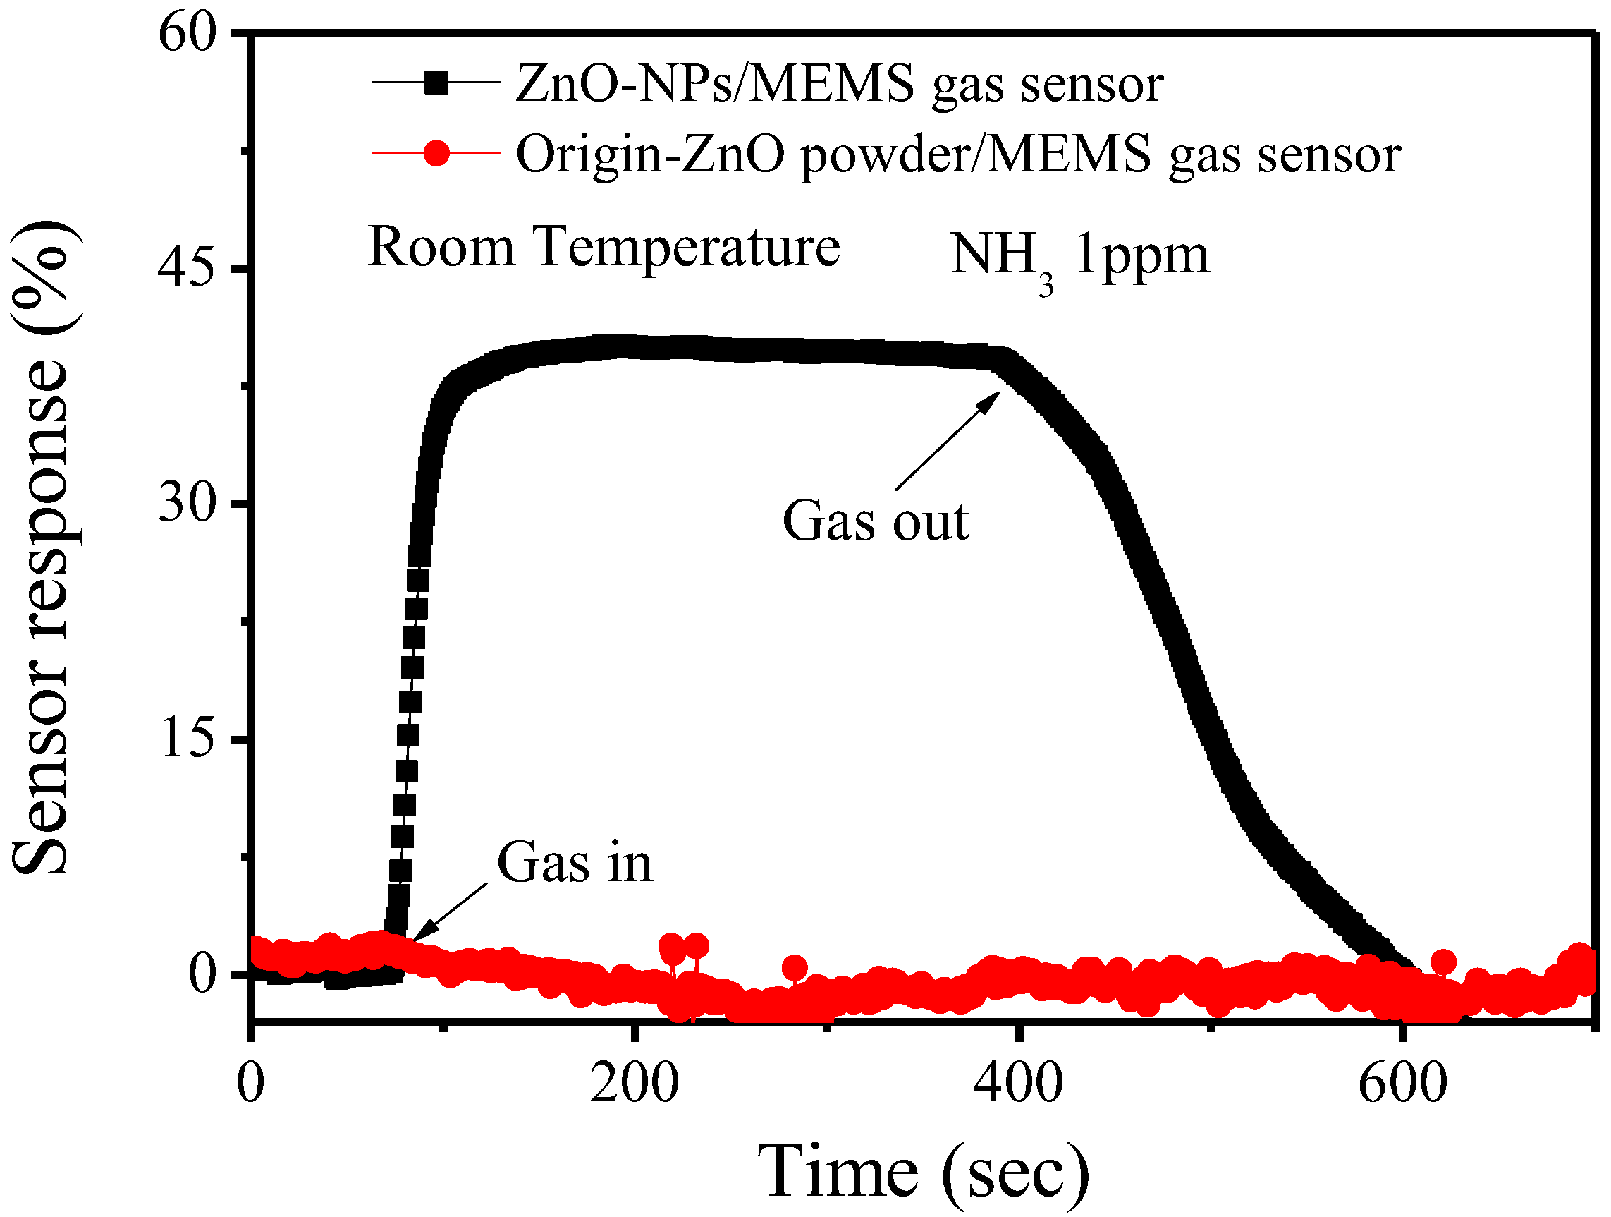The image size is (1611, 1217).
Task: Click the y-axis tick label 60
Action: tap(188, 35)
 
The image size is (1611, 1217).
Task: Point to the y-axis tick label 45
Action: tap(188, 269)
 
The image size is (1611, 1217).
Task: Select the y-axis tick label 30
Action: tap(188, 503)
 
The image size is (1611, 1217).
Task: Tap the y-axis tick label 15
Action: tap(188, 738)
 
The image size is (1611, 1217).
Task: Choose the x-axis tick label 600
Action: tap(1402, 1083)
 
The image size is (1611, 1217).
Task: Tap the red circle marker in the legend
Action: tap(436, 153)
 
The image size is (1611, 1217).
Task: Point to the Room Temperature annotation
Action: tap(604, 248)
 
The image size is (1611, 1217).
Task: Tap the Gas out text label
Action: tap(876, 522)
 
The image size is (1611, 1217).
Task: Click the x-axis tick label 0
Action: tap(250, 1083)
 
